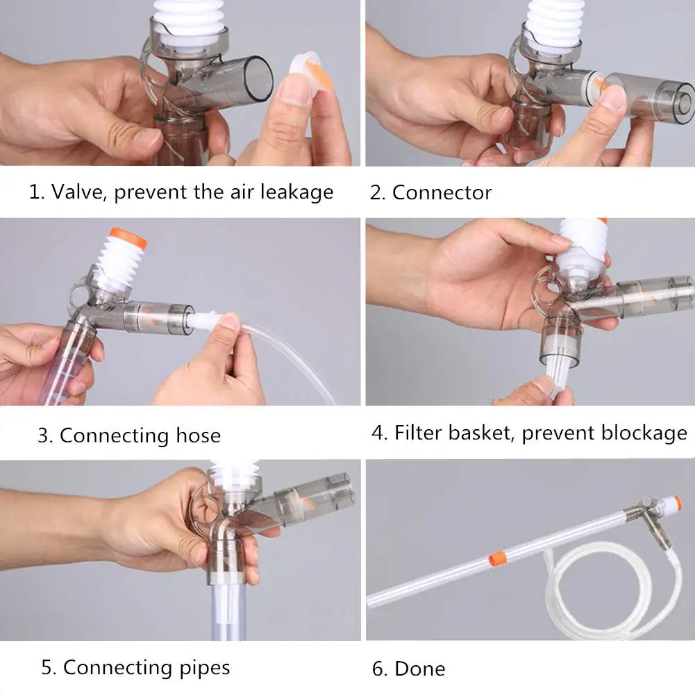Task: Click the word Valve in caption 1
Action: click(78, 192)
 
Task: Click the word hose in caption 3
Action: click(198, 435)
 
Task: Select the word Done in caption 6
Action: click(420, 669)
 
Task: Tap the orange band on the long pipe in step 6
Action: click(497, 559)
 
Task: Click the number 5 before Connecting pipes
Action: click(47, 667)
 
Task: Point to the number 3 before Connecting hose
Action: click(42, 436)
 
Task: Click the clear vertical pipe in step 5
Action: click(228, 611)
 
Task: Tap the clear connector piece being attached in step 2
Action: click(649, 102)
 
